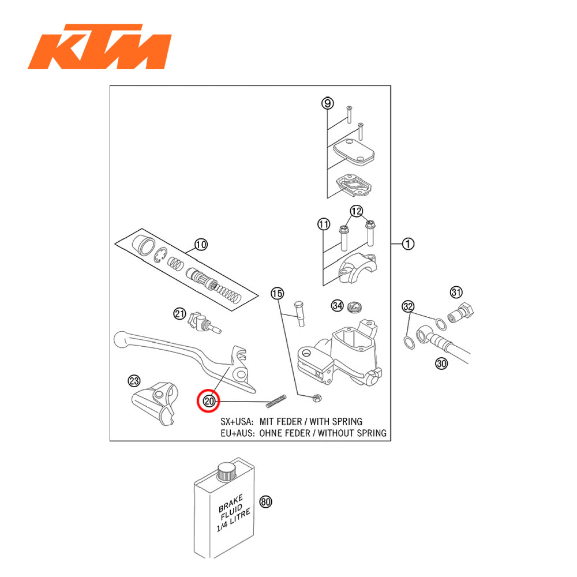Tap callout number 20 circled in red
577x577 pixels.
[208, 401]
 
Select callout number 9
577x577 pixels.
[327, 103]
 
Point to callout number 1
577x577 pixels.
[409, 244]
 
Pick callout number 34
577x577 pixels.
[337, 305]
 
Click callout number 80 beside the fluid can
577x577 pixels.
[265, 501]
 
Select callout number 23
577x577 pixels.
[134, 381]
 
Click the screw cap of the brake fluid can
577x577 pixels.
[225, 472]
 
